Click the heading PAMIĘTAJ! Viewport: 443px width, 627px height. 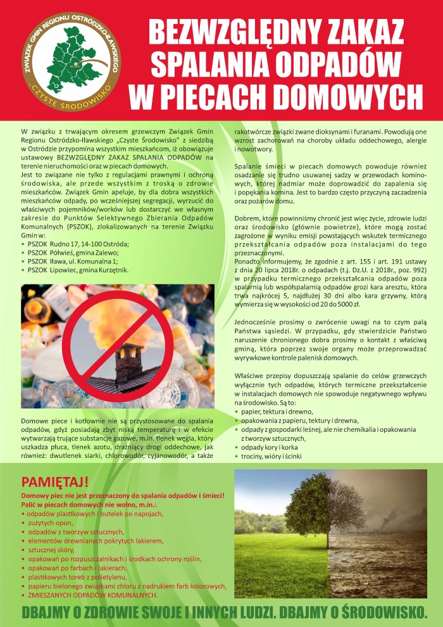tap(56, 480)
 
